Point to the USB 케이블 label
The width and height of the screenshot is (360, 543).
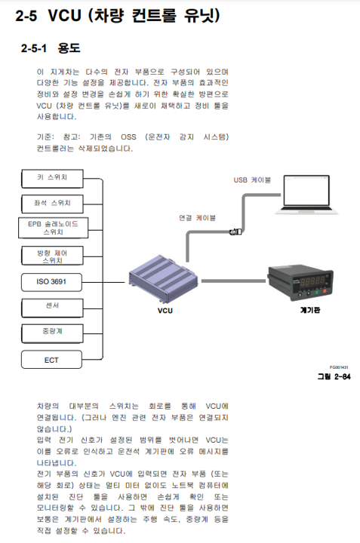pyautogui.click(x=252, y=179)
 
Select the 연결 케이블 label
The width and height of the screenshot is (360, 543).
pyautogui.click(x=197, y=217)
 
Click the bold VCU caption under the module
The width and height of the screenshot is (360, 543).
pyautogui.click(x=165, y=310)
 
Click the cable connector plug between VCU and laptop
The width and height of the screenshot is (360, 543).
pyautogui.click(x=235, y=232)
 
